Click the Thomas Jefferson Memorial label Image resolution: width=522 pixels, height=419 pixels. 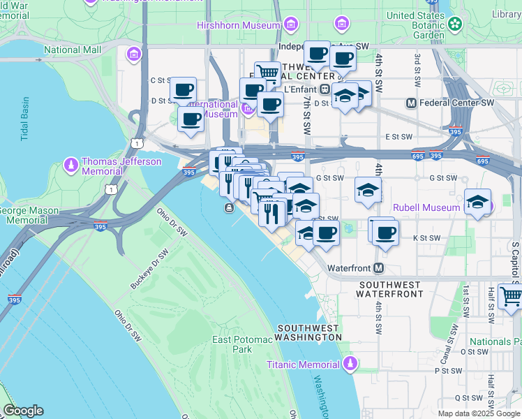tap(121, 166)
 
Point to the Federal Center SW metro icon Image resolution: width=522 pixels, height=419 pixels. tap(412, 103)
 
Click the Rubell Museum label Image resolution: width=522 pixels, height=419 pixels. tap(426, 207)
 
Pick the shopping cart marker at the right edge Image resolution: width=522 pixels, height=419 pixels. tap(511, 296)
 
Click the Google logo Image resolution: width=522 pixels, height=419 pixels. tap(23, 411)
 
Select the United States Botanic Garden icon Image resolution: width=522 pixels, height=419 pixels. tap(455, 24)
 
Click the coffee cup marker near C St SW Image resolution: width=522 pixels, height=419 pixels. tap(184, 89)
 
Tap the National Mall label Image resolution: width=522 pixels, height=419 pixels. tap(73, 50)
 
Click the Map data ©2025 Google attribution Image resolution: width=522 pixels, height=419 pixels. tap(478, 413)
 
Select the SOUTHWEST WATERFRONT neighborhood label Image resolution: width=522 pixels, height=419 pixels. tap(391, 289)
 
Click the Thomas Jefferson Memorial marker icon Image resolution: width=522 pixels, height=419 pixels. tap(70, 166)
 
